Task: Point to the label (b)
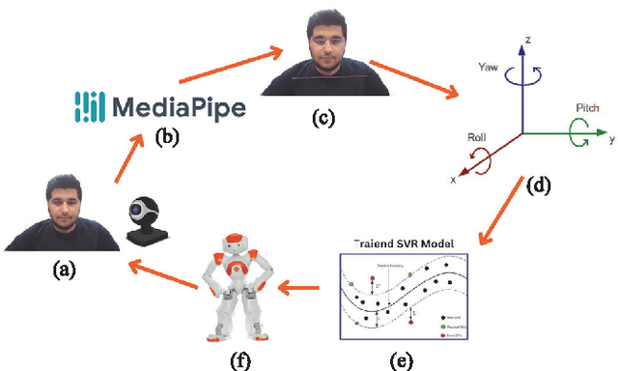[x=168, y=136]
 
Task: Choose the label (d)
[x=537, y=186]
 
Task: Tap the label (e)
[x=398, y=360]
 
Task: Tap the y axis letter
[x=611, y=139]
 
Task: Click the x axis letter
[x=454, y=178]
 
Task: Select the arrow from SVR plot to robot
[x=304, y=287]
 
